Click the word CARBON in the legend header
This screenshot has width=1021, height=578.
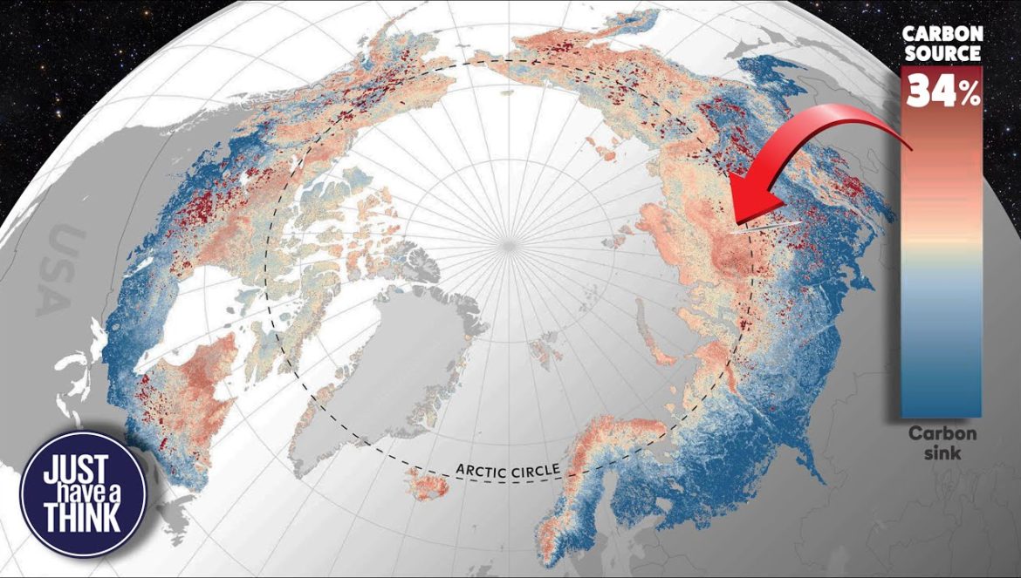(942, 33)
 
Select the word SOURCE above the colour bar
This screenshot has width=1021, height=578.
(942, 52)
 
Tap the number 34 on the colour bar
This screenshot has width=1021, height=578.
(929, 90)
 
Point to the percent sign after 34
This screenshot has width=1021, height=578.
(970, 93)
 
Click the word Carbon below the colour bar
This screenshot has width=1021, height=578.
(942, 433)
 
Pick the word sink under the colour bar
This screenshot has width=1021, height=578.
(942, 453)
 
